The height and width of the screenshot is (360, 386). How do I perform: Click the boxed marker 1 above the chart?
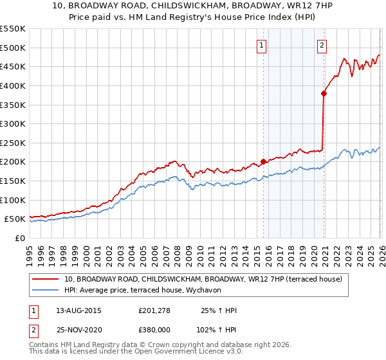pyautogui.click(x=262, y=45)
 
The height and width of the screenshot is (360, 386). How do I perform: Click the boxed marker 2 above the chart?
pyautogui.click(x=322, y=45)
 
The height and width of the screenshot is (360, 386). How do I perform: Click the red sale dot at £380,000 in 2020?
pyautogui.click(x=324, y=93)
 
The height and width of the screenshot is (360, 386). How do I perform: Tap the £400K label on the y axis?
pyautogui.click(x=13, y=85)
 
